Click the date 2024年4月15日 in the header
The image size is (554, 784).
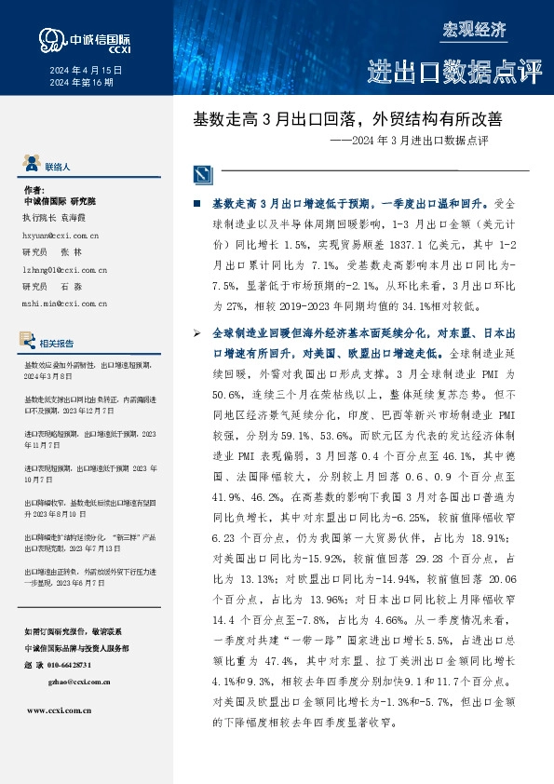point(85,70)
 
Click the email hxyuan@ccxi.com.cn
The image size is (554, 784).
point(61,237)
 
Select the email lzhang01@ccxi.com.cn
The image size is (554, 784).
point(64,269)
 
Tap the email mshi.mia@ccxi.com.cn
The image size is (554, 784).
point(64,303)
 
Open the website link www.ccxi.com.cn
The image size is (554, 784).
point(60,710)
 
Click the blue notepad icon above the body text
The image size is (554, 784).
point(203,174)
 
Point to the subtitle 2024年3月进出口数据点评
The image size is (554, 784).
point(420,142)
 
